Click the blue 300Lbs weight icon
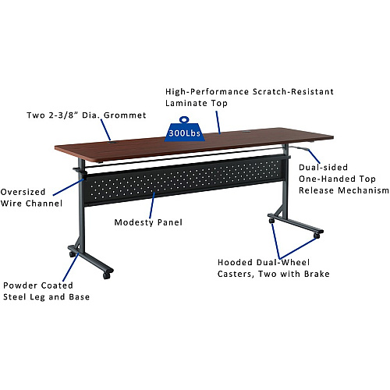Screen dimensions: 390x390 184,129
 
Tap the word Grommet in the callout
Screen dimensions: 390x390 125,115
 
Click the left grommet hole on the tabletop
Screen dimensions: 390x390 113,142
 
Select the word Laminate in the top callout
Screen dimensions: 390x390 187,103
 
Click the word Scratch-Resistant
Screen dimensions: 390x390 293,91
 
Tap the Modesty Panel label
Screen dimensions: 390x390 148,222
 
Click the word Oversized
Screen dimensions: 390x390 23,192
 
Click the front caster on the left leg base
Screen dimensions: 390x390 107,275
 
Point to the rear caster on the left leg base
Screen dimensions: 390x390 73,254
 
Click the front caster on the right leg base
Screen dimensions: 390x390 317,236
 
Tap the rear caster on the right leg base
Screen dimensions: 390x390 271,221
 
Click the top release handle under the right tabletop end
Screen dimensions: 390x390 299,148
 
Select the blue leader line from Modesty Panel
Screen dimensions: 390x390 152,205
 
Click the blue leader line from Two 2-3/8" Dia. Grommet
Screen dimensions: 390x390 106,130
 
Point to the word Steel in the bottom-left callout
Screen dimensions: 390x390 15,297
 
